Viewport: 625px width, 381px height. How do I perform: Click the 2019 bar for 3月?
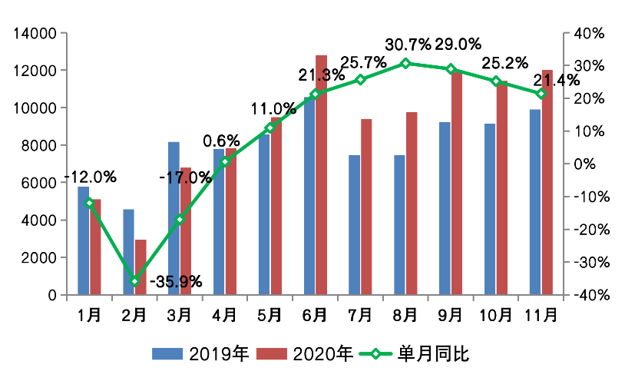(174, 218)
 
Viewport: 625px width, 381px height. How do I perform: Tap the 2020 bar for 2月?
(141, 267)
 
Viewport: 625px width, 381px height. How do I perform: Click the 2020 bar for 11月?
(547, 182)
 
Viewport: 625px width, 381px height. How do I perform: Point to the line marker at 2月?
(135, 281)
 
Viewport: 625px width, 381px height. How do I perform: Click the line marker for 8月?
(406, 63)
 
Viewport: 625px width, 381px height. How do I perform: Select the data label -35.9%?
(176, 281)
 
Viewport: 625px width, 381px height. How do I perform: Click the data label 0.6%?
(221, 141)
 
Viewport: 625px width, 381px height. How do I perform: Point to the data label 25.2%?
(502, 62)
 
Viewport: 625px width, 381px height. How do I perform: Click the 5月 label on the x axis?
(270, 315)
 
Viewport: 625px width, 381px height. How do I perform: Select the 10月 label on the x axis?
(496, 315)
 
